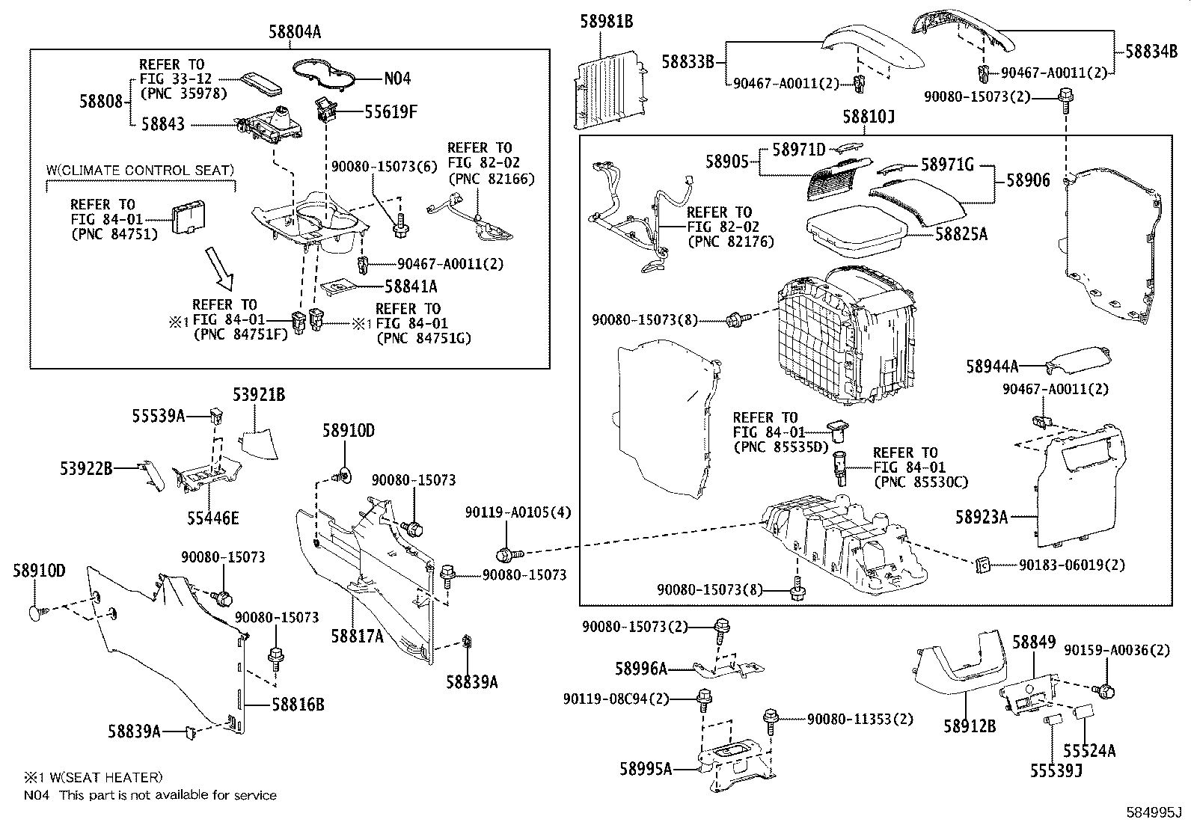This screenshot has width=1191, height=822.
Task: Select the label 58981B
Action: point(606,22)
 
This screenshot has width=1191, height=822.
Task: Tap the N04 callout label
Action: point(397,79)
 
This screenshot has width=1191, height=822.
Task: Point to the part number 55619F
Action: point(391,112)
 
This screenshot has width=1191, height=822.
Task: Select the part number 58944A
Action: point(992,366)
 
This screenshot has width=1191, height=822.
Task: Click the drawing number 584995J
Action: point(1155,812)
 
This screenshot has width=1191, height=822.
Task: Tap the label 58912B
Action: point(969,726)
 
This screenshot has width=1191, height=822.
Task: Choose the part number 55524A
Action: point(1089,751)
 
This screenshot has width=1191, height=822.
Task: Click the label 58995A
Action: point(646,768)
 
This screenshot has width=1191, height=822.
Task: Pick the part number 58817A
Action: point(358,636)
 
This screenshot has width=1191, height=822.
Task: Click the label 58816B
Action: point(298,705)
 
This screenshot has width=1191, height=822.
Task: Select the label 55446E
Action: point(213,518)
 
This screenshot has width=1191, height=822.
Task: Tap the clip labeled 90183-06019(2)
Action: point(983,565)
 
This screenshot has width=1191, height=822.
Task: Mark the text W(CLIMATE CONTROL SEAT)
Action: point(140,171)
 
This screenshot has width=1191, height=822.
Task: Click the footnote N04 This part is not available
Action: point(150,795)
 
